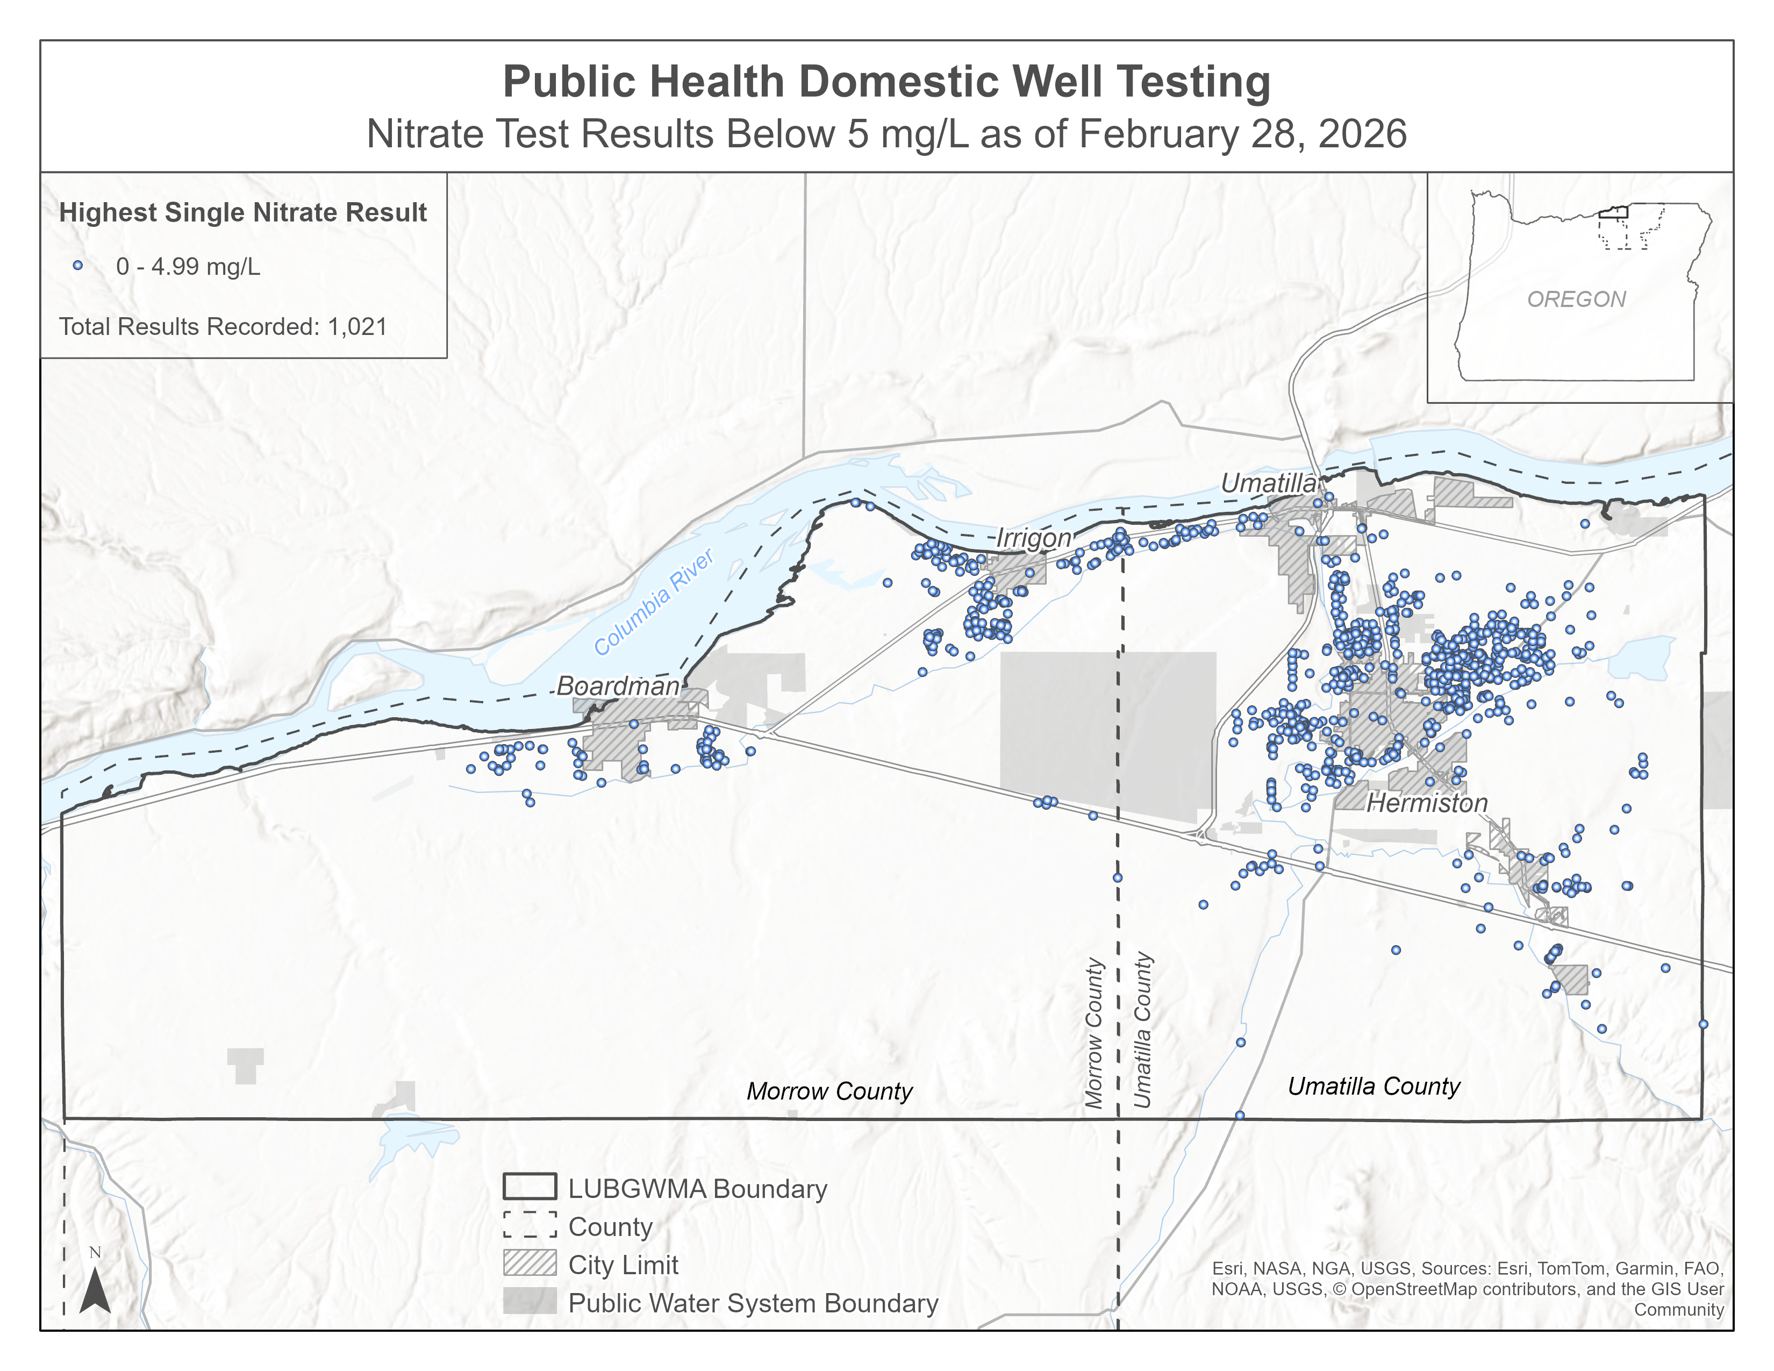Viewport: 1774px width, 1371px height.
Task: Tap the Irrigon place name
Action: coord(1033,538)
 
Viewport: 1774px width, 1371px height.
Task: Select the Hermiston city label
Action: coord(1427,803)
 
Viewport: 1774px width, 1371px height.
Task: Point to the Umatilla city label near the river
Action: coord(1268,483)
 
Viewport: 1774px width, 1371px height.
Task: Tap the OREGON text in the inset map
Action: coord(1576,299)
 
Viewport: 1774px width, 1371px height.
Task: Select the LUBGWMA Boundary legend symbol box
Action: coord(530,1187)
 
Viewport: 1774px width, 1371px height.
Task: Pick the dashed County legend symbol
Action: coord(530,1225)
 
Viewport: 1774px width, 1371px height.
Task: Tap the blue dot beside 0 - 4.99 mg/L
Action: coord(78,266)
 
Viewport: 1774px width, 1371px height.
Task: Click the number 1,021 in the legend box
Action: coord(357,326)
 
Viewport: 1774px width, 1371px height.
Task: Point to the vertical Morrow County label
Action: coord(1095,1033)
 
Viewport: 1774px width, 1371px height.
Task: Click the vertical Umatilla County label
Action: coord(1143,1030)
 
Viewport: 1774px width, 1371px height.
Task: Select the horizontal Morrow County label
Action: coord(829,1091)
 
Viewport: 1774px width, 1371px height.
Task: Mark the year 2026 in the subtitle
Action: coord(1362,134)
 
